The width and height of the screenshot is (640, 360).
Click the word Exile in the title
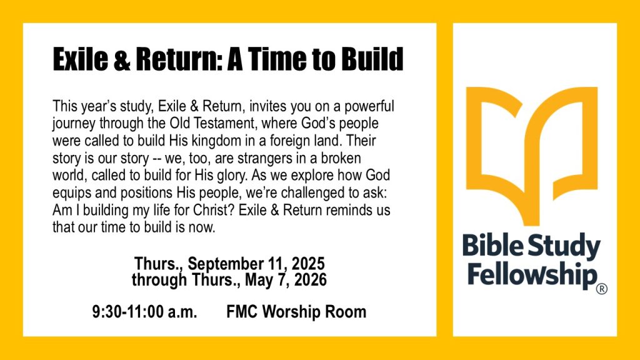coord(81,59)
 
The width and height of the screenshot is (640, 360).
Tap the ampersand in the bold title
coord(122,59)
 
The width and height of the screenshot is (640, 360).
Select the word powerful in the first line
coord(369,106)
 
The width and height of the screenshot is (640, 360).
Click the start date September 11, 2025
coord(256,264)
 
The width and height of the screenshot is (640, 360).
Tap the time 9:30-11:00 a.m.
coord(144,312)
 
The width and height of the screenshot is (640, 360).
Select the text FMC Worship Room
coord(296,312)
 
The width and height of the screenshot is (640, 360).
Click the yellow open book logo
coord(531,155)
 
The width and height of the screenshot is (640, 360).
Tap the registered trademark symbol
coord(602,289)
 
